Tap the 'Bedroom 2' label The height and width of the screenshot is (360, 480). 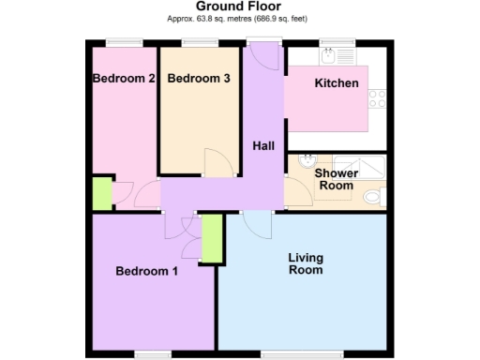pyautogui.click(x=124, y=79)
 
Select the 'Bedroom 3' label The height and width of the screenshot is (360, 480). pyautogui.click(x=199, y=79)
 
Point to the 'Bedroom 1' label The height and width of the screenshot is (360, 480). pyautogui.click(x=146, y=272)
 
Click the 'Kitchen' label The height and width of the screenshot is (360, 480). pyautogui.click(x=336, y=83)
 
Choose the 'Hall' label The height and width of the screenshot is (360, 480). pyautogui.click(x=263, y=145)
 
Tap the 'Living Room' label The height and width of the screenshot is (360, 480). pyautogui.click(x=305, y=263)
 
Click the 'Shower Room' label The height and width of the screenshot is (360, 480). pyautogui.click(x=335, y=179)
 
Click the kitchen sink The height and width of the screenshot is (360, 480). pyautogui.click(x=328, y=54)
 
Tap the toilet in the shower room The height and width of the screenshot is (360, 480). pyautogui.click(x=375, y=198)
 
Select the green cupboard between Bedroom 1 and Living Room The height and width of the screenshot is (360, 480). pyautogui.click(x=212, y=239)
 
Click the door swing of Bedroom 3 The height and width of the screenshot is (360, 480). pyautogui.click(x=215, y=163)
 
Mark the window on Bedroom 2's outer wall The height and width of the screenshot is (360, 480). pyautogui.click(x=124, y=42)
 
